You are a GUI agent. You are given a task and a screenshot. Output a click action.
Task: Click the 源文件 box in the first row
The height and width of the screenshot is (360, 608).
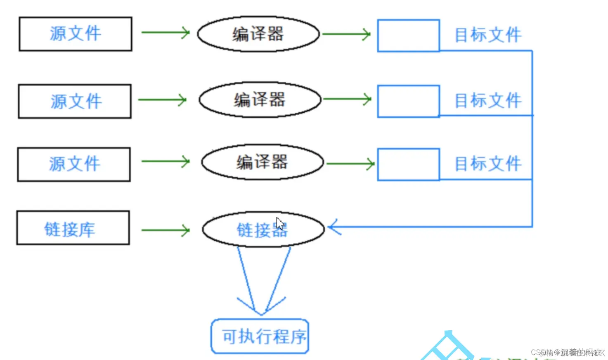click(76, 34)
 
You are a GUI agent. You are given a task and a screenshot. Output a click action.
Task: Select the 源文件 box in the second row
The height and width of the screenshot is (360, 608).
click(75, 102)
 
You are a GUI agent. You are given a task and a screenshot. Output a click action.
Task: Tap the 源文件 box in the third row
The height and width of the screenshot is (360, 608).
click(74, 164)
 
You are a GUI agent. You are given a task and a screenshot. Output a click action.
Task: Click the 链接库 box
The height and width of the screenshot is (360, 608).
click(73, 228)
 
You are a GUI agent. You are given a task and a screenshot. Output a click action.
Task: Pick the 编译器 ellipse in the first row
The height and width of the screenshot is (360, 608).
click(258, 34)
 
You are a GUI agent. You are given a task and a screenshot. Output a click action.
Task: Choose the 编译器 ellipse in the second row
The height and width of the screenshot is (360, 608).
click(260, 99)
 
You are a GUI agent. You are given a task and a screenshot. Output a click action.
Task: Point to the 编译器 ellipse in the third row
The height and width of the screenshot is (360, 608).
click(263, 162)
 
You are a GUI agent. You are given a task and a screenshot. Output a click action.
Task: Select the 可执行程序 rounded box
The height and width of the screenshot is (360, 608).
click(260, 336)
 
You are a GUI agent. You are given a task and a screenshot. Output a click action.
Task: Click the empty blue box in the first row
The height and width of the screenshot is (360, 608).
click(409, 36)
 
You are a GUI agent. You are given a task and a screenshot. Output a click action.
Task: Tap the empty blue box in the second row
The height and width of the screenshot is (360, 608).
click(409, 101)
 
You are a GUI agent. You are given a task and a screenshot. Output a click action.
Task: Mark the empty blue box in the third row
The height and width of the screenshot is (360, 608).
click(409, 164)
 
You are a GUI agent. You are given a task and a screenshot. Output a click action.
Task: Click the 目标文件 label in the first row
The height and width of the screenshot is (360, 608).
click(488, 35)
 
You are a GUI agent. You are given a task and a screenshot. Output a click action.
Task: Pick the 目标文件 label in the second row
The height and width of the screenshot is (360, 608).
click(488, 101)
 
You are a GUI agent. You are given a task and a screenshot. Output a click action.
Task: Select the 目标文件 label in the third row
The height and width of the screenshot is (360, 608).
click(488, 164)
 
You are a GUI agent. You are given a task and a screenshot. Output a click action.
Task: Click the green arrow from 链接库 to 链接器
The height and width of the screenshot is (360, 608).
click(166, 230)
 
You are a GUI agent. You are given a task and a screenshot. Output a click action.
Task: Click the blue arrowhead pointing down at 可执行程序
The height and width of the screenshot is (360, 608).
click(261, 308)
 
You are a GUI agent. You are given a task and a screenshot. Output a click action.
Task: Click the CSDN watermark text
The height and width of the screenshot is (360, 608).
click(568, 352)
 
